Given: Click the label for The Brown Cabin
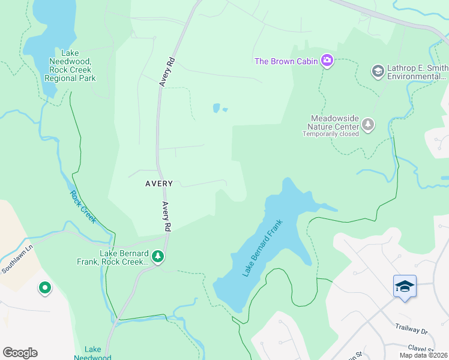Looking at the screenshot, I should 287,61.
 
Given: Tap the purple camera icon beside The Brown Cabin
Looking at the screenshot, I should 327,61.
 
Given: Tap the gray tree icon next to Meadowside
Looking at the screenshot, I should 368,125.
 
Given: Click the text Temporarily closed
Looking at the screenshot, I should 331,134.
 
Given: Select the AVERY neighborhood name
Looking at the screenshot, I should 158,184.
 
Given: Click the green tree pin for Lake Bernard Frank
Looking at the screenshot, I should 158,257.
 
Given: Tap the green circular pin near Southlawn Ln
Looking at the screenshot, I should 45,289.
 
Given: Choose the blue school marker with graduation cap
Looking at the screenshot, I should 405,287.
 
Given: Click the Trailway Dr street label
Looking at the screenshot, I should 411,331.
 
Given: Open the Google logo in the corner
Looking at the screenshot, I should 20,353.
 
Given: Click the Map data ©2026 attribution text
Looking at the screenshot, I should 424,355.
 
